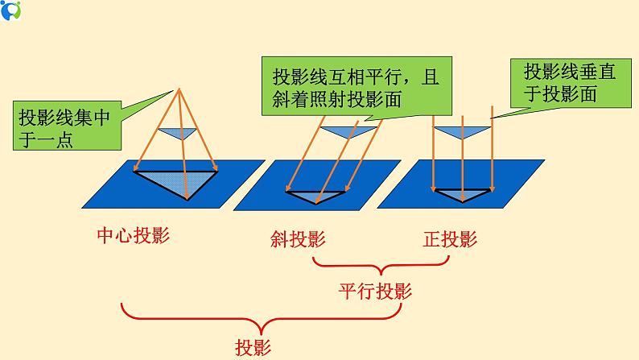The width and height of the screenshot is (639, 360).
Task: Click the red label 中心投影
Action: pos(134,236)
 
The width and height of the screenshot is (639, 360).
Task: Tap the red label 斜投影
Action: pos(299,239)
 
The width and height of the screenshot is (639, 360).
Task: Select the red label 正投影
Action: pos(451,239)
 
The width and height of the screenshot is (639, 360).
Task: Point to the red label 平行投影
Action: pos(376,292)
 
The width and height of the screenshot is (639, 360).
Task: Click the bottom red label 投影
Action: pos(253,347)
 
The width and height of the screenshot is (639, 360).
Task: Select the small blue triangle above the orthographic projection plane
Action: pos(462,131)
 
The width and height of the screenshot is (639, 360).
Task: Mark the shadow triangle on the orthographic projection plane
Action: pos(462,194)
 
